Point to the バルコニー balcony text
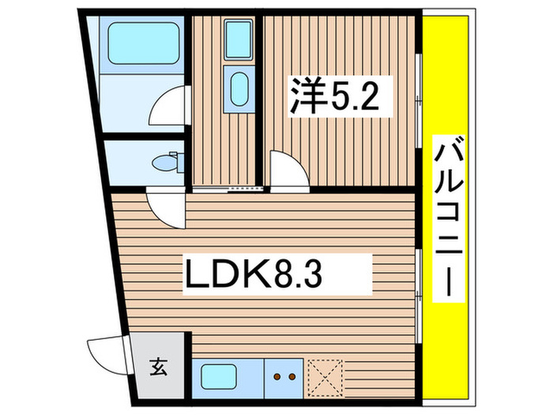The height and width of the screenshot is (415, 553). click(448, 217)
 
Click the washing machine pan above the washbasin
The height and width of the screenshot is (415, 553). click(238, 37)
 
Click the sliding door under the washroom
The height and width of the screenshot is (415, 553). click(228, 190)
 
